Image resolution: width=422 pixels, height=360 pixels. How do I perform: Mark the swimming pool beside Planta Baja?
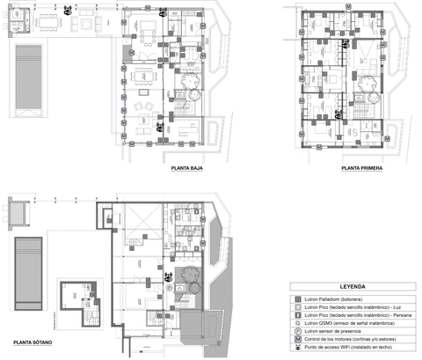[27, 77]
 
